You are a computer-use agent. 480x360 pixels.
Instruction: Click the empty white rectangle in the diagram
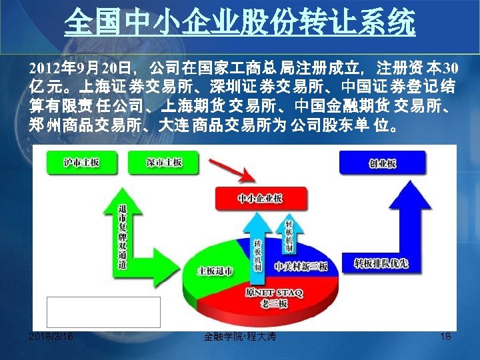[103, 312]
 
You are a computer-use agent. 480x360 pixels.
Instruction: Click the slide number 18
[446, 337]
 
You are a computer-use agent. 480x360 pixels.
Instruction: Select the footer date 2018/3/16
[52, 337]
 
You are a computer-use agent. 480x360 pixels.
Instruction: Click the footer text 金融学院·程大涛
[241, 337]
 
